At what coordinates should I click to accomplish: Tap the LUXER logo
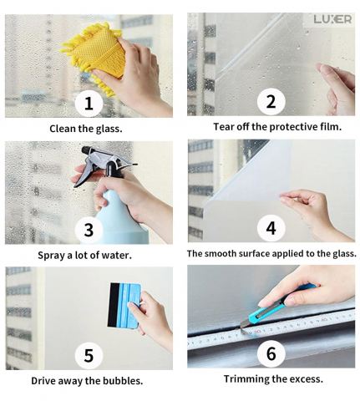point(332,19)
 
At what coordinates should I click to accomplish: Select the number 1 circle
point(89,103)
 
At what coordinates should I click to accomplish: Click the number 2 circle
point(271,101)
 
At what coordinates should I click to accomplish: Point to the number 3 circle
point(89,230)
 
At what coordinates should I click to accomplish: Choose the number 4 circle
point(271,228)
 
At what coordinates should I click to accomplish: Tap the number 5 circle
point(89,356)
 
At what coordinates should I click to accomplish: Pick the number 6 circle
point(271,353)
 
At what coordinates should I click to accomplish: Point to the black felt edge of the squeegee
point(111,305)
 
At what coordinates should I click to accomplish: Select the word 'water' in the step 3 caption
point(119,256)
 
